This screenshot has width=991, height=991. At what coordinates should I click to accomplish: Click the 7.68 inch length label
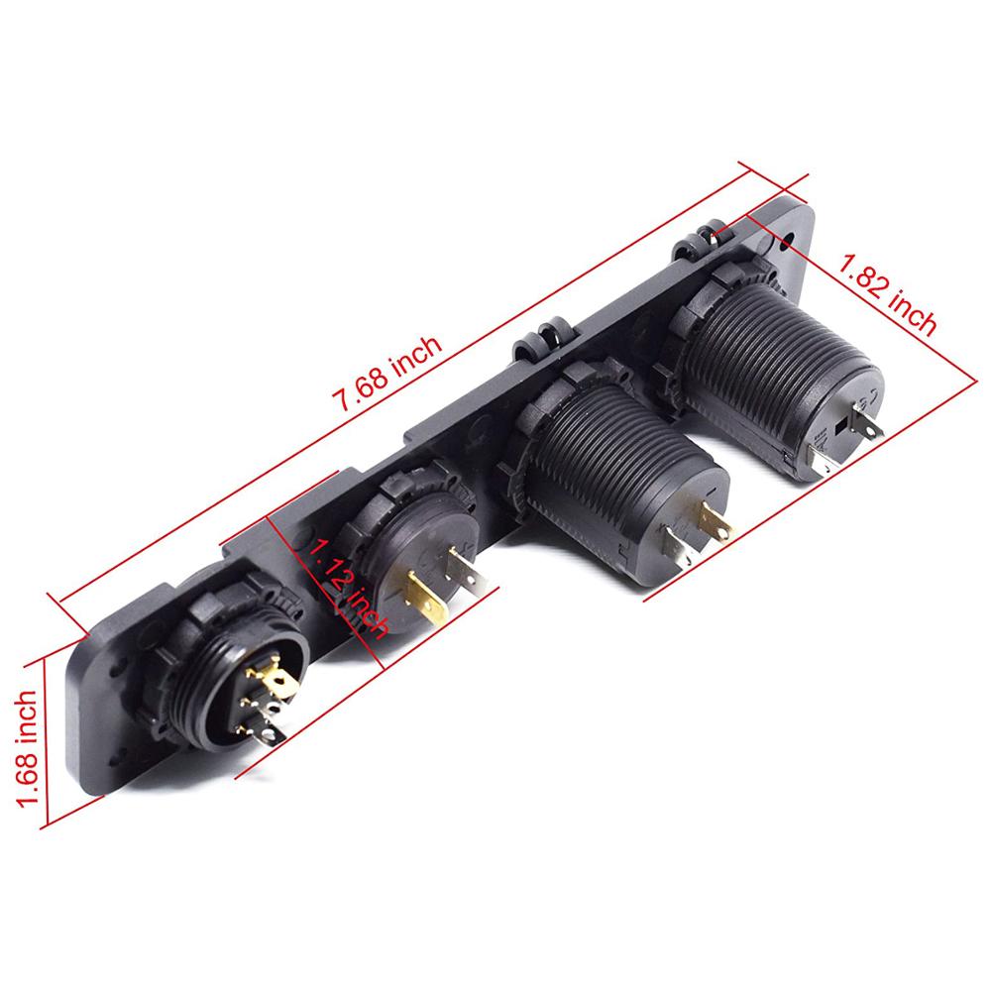click(387, 373)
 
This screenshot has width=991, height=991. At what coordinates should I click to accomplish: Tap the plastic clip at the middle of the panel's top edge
click(540, 337)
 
